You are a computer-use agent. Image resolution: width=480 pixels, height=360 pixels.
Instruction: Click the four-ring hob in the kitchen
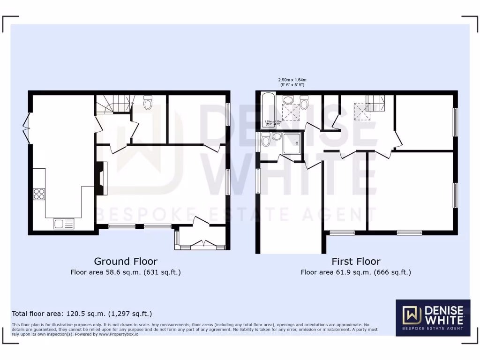coord(39,194)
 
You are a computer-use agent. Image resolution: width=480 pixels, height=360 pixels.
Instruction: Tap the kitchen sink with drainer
coord(64,224)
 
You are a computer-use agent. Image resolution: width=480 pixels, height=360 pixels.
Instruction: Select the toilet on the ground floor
coord(148,103)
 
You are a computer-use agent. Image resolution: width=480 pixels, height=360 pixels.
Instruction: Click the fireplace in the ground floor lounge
coord(102,178)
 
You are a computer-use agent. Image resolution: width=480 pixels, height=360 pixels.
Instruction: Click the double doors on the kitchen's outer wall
coord(27,127)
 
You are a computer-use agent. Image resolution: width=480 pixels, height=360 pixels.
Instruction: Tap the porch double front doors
coord(203,243)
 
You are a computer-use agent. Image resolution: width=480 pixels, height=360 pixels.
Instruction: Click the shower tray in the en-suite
coord(292,142)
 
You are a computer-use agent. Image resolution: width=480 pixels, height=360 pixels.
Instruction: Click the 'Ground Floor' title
coord(126,261)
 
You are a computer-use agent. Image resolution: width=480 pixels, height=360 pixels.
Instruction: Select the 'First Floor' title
coord(356,261)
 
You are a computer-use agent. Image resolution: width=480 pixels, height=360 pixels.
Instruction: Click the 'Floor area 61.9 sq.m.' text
coord(356,272)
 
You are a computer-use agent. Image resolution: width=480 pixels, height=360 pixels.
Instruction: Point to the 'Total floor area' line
coord(82,314)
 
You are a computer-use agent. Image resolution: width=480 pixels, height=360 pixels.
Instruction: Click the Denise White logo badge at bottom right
coord(433,317)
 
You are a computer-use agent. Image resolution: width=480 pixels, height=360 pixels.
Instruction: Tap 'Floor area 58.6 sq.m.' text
coord(126,272)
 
